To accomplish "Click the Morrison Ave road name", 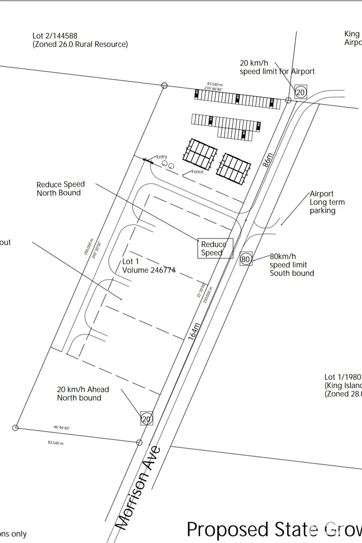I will (x=139, y=488).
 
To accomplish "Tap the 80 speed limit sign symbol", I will (x=245, y=259).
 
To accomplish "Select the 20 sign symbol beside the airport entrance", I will (x=300, y=92).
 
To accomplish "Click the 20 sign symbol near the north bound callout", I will (x=146, y=418).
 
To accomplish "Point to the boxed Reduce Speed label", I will (x=215, y=248).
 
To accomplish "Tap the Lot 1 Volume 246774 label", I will (x=149, y=266).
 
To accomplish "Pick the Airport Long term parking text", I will (x=327, y=202).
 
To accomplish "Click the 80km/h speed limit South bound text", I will (x=292, y=264).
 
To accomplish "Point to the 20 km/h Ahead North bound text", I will (x=82, y=394).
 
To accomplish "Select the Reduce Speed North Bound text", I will (x=60, y=189).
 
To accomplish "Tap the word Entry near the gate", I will (x=161, y=157).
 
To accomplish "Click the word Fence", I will (x=198, y=172).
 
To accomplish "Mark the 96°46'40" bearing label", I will (x=61, y=428).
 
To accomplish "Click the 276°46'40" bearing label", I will (x=214, y=88).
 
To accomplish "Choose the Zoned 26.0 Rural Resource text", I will (x=80, y=44).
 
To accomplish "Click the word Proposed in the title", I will (x=228, y=529).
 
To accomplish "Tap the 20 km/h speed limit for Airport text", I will (x=277, y=67).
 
